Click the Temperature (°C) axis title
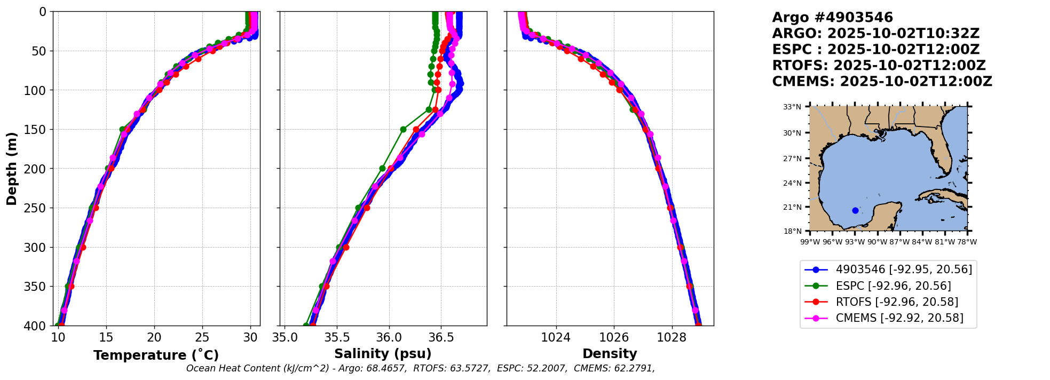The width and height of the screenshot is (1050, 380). (x=156, y=355)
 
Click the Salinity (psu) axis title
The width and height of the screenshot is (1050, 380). (x=383, y=354)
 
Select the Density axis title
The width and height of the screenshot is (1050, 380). (x=610, y=354)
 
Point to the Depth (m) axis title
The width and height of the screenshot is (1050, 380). (x=12, y=169)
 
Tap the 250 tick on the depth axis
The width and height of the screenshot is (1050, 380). (x=38, y=208)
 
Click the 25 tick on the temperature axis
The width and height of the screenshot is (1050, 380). (x=202, y=337)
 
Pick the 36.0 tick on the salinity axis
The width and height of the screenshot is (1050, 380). (x=389, y=337)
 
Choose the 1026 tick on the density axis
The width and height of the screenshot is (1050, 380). (x=614, y=337)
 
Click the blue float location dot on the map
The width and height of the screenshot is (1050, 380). (x=855, y=211)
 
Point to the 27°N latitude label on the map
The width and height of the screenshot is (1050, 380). (x=792, y=159)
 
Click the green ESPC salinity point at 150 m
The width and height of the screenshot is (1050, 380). (x=403, y=129)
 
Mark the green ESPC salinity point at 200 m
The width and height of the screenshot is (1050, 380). (x=382, y=168)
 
